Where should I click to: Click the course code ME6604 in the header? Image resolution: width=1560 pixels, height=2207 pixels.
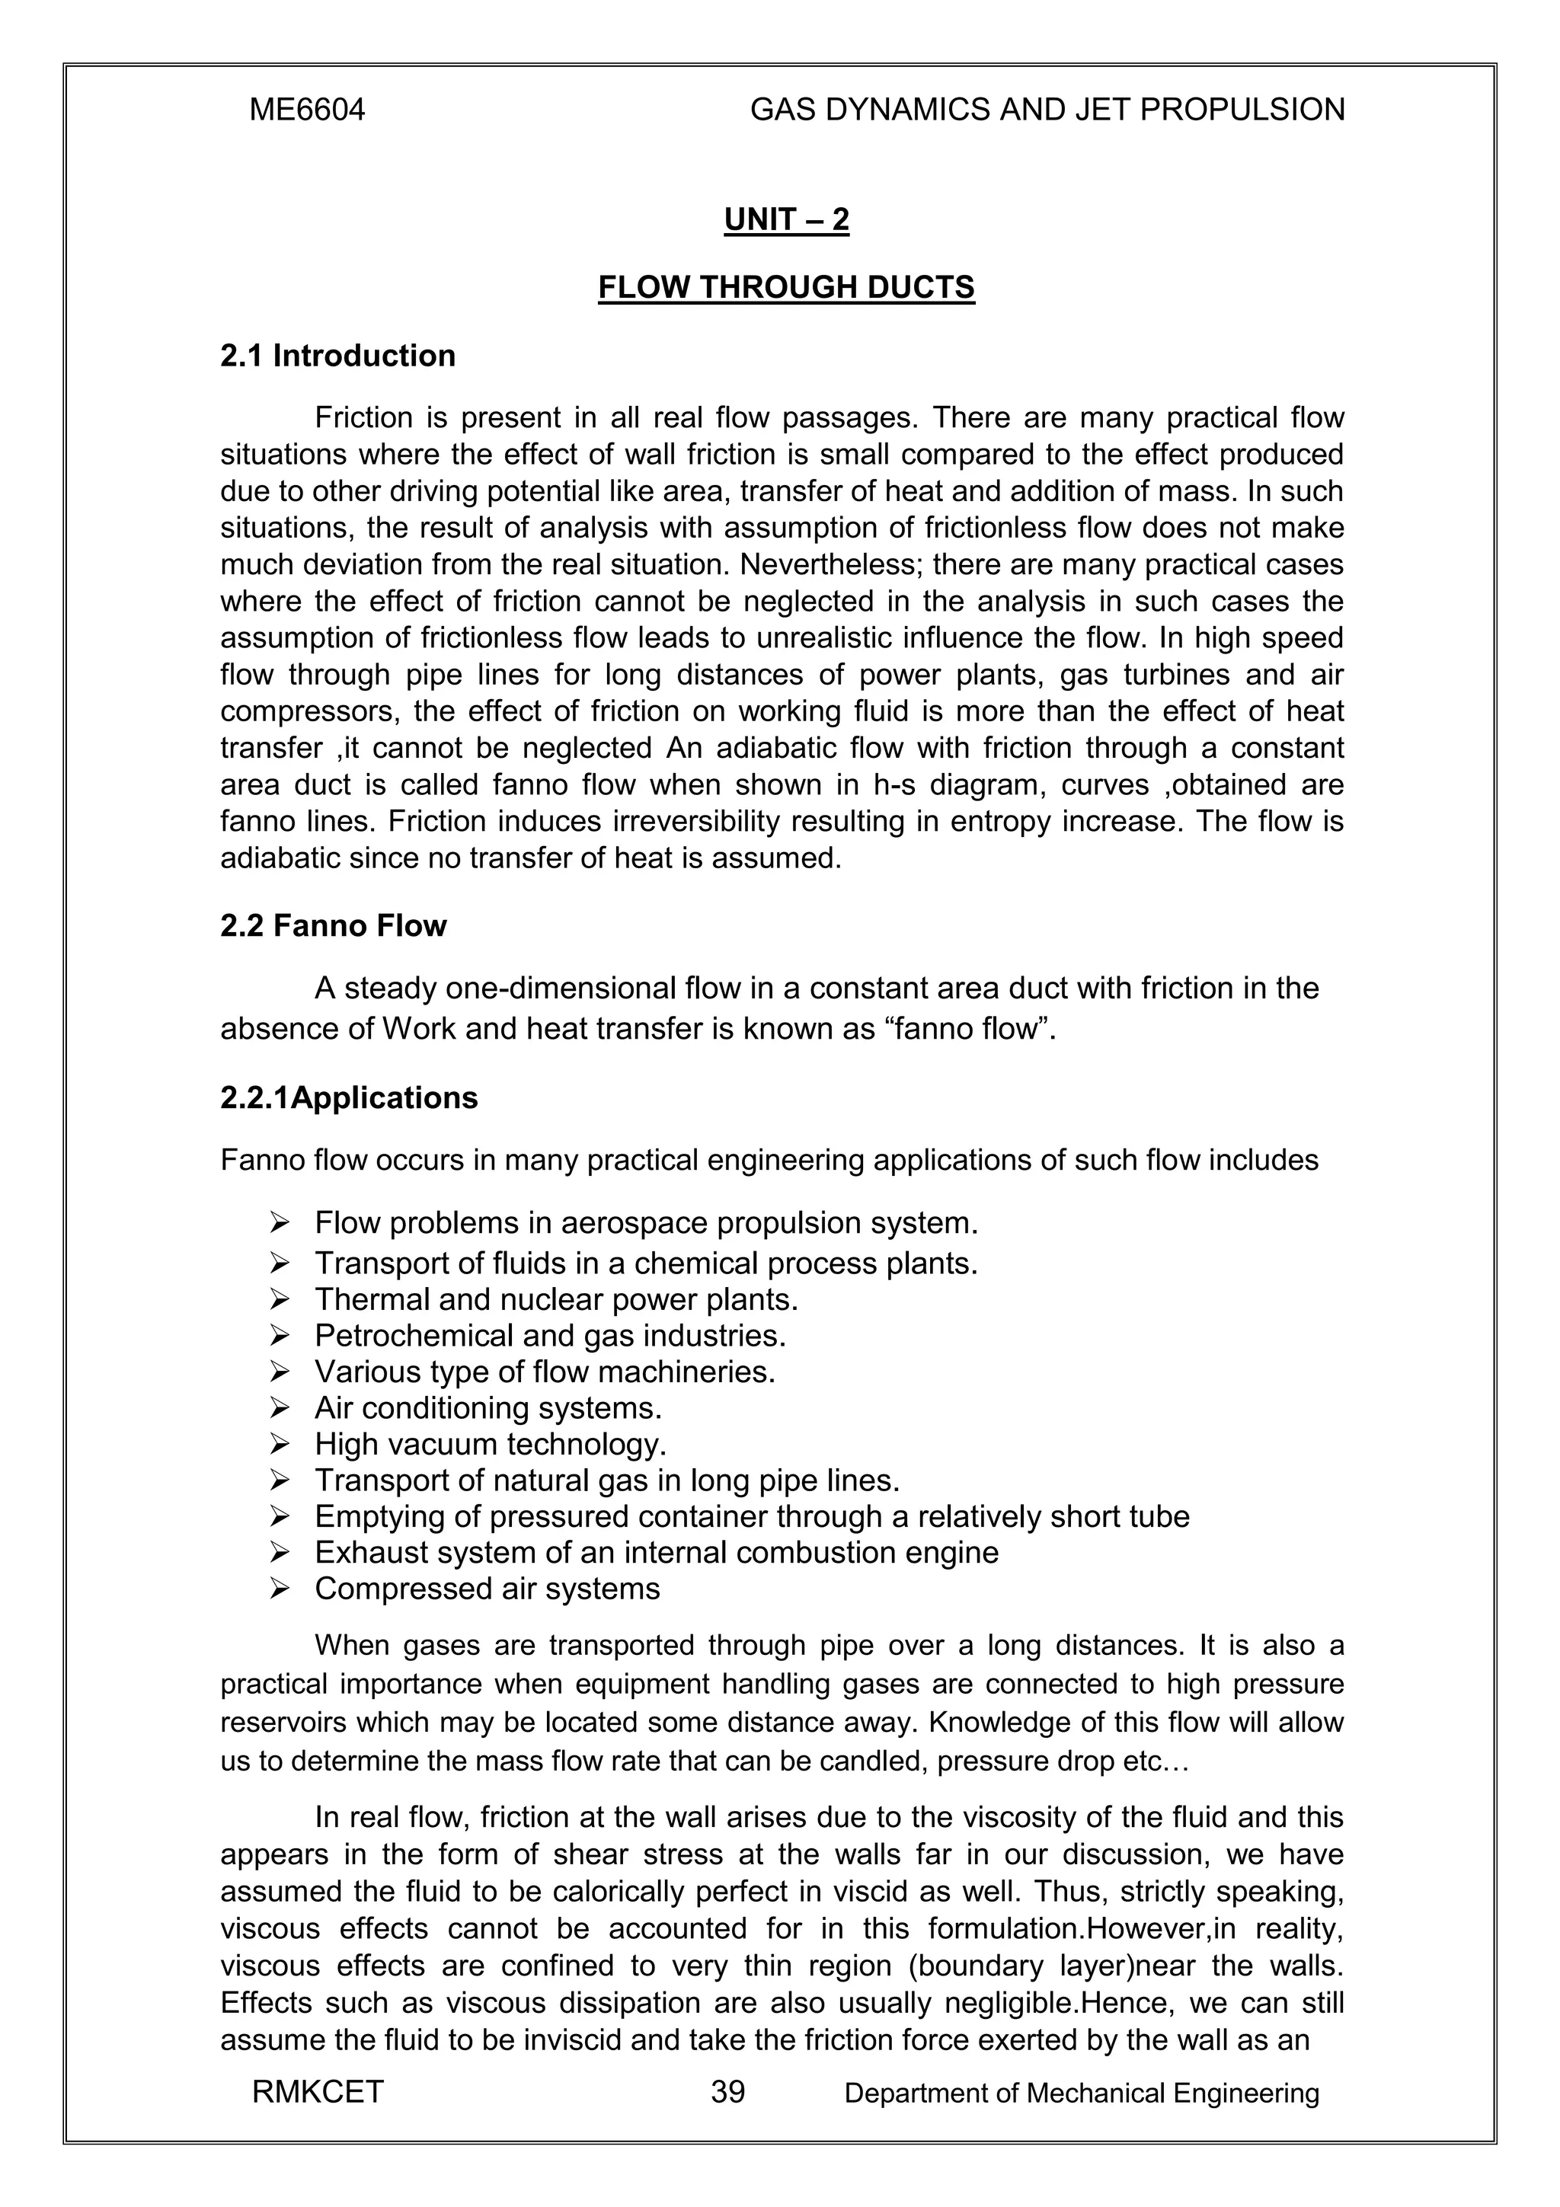point(307,110)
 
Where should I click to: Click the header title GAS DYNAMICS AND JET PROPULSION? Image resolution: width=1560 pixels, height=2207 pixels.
point(1047,110)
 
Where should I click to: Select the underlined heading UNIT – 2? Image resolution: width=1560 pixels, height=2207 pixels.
point(786,220)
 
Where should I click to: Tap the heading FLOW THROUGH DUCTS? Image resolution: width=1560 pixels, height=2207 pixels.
point(786,287)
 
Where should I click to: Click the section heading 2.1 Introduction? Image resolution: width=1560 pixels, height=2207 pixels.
point(337,356)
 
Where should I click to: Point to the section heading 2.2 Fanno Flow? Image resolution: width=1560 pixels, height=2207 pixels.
point(334,925)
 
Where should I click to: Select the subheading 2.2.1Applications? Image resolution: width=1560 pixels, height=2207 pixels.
point(349,1097)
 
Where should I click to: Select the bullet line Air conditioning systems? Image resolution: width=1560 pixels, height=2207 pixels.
point(488,1408)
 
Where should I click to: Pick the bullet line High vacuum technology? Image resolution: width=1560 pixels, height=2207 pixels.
point(491,1445)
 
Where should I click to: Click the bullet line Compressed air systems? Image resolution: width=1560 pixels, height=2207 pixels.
point(487,1589)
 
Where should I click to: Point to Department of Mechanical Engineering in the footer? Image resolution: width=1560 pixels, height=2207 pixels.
point(1082,2093)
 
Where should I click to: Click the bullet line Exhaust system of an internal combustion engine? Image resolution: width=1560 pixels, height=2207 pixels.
point(657,1552)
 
